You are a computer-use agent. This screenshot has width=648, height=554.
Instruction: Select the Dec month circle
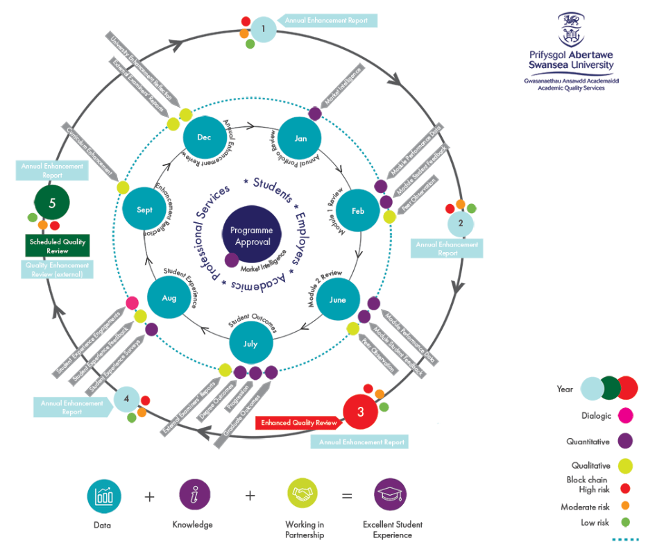[x=204, y=137]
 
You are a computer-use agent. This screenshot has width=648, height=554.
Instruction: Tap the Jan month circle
[x=300, y=138]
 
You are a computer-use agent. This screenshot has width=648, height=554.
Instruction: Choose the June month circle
[x=338, y=300]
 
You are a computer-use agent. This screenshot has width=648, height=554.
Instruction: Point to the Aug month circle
[x=169, y=298]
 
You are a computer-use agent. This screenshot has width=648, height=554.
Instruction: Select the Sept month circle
[x=144, y=210]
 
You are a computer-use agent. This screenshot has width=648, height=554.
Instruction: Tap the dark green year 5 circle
[x=53, y=203]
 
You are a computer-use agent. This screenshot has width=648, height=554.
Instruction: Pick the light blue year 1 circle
[x=264, y=29]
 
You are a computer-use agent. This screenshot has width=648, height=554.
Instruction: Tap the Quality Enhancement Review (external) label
[x=58, y=269]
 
